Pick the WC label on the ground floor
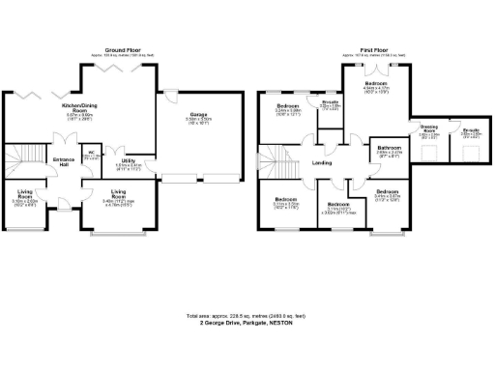tap(91, 152)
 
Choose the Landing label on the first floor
tap(323, 162)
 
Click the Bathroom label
tap(389, 148)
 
